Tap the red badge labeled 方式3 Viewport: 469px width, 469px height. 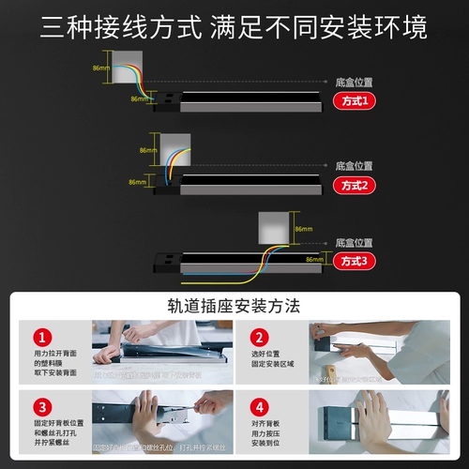click(x=354, y=262)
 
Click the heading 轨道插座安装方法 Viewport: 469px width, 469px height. click(x=234, y=306)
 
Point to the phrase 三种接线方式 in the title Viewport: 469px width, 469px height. click(x=122, y=28)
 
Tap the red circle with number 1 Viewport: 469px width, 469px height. click(x=41, y=337)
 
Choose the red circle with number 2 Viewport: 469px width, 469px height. click(x=258, y=337)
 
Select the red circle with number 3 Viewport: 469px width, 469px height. click(x=41, y=408)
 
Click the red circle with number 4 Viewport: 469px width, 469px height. click(x=258, y=408)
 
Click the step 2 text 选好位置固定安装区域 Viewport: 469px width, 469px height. click(x=273, y=362)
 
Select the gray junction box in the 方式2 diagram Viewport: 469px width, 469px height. click(x=175, y=148)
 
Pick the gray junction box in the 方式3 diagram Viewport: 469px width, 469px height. click(x=273, y=228)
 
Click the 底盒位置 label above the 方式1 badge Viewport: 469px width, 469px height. click(x=354, y=83)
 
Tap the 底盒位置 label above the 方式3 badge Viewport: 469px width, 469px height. click(x=354, y=243)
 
